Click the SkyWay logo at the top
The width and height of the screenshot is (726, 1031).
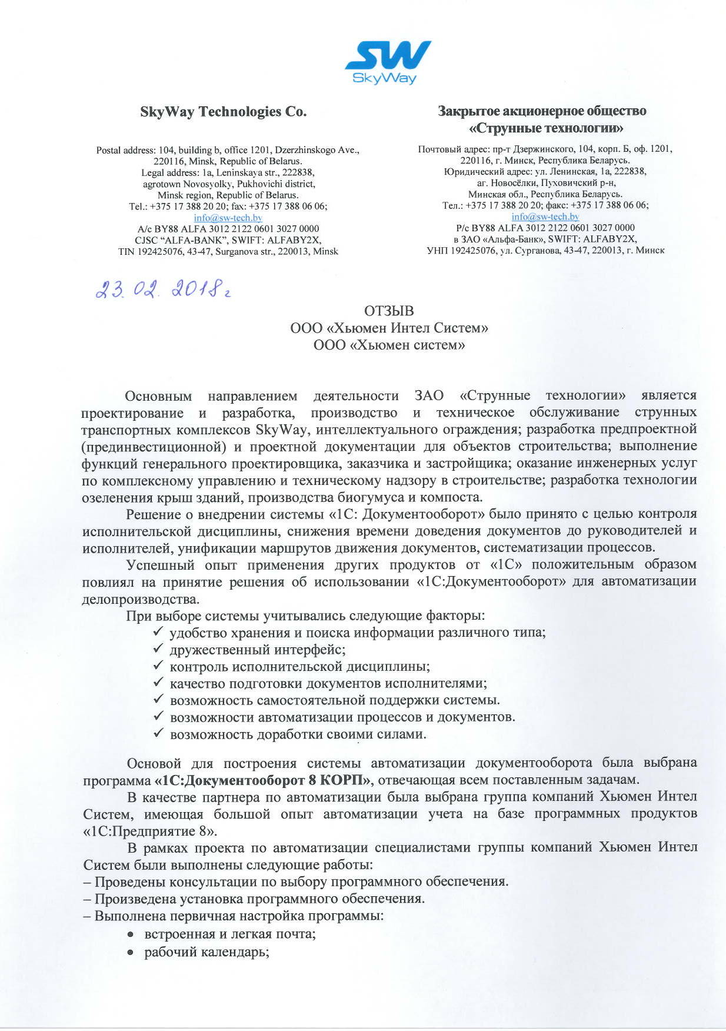388,62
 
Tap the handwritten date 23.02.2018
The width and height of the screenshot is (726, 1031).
162,289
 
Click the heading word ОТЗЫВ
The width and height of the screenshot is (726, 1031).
389,311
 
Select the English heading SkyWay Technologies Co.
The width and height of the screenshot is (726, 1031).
224,112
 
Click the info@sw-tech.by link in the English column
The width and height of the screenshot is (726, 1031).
228,218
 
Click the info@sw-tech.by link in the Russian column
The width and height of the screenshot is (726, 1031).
545,217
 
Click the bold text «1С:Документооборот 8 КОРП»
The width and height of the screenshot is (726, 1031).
263,780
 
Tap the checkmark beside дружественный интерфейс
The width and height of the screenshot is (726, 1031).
158,649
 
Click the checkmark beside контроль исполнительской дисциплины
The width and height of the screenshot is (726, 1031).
158,666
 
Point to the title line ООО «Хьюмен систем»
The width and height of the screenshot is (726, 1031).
389,345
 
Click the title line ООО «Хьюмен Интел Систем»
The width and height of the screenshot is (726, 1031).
389,328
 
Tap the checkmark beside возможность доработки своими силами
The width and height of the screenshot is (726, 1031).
158,734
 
